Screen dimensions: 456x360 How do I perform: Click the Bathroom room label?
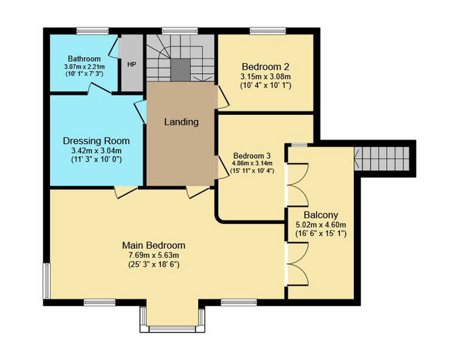point(85,59)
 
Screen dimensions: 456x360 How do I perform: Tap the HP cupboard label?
point(132,64)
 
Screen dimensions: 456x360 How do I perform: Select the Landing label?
point(181,122)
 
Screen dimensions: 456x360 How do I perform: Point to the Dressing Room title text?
point(96,140)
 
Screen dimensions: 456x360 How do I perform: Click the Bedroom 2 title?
point(266,67)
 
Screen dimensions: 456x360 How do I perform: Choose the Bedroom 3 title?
point(252,155)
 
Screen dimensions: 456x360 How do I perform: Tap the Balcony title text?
point(321,215)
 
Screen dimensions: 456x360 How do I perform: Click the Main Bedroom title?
point(154,245)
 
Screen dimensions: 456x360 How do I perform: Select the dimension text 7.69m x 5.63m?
point(154,255)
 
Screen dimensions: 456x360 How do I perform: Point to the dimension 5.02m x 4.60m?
point(321,225)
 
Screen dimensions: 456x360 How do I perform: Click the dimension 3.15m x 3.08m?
point(266,77)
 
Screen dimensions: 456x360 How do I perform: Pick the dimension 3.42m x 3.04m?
point(96,151)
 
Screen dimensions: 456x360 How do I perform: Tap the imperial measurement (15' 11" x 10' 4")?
point(252,171)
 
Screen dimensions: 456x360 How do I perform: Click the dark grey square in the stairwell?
point(181,70)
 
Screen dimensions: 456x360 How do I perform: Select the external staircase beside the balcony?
point(382,159)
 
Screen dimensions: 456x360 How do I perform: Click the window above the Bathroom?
point(92,31)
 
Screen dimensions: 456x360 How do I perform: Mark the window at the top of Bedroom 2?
point(268,31)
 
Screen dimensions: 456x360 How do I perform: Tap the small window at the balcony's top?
point(300,145)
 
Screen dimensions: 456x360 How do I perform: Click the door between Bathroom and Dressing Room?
point(100,88)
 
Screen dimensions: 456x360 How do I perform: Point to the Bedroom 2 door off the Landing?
point(222,98)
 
